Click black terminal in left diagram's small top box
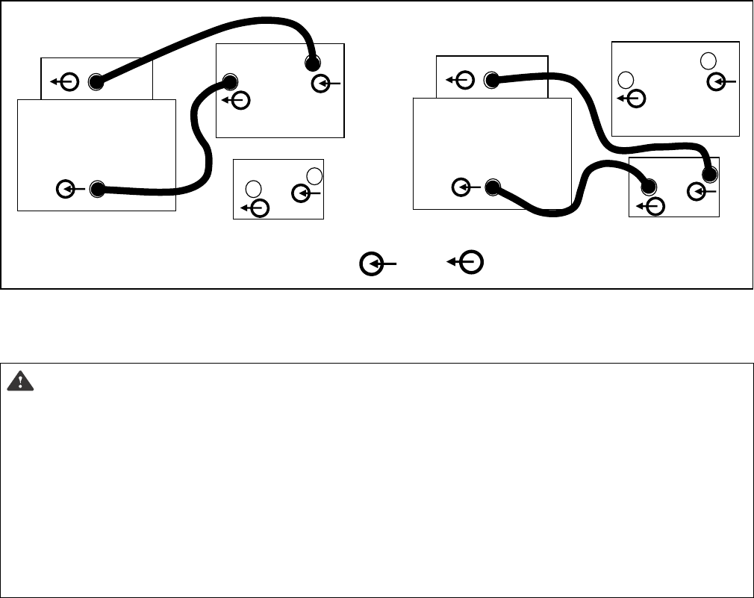click(96, 82)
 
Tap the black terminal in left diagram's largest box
click(96, 189)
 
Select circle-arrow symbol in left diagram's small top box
click(68, 82)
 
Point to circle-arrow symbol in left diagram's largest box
click(66, 189)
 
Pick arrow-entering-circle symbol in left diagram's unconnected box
click(302, 193)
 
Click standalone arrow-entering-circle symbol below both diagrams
click(371, 264)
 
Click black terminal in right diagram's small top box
click(491, 79)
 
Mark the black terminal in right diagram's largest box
click(492, 187)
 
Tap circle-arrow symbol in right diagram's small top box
click(464, 79)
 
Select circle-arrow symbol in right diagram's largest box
click(461, 187)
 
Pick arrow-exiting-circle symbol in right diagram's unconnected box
click(636, 98)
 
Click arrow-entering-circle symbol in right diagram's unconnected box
click(716, 81)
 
